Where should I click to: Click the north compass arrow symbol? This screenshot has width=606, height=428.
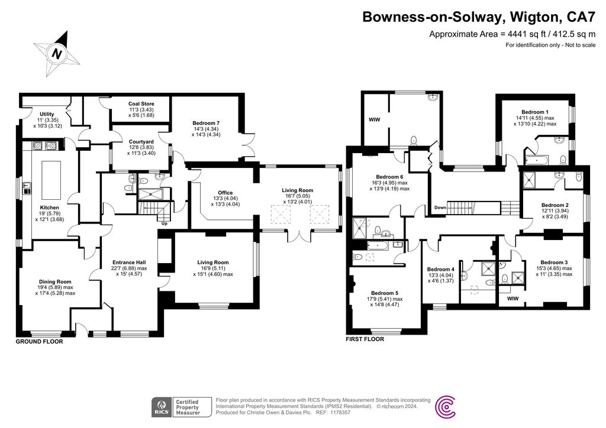click(57, 54)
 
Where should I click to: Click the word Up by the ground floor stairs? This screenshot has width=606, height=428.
click(165, 223)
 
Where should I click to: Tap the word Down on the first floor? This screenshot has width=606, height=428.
click(440, 208)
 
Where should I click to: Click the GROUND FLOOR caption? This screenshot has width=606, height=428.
click(39, 341)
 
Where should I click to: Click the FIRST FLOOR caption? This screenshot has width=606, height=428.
click(365, 339)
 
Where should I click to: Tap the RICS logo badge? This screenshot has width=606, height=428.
click(162, 407)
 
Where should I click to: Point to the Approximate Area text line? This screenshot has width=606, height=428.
click(512, 34)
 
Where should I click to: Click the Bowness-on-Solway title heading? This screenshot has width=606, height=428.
click(479, 17)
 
